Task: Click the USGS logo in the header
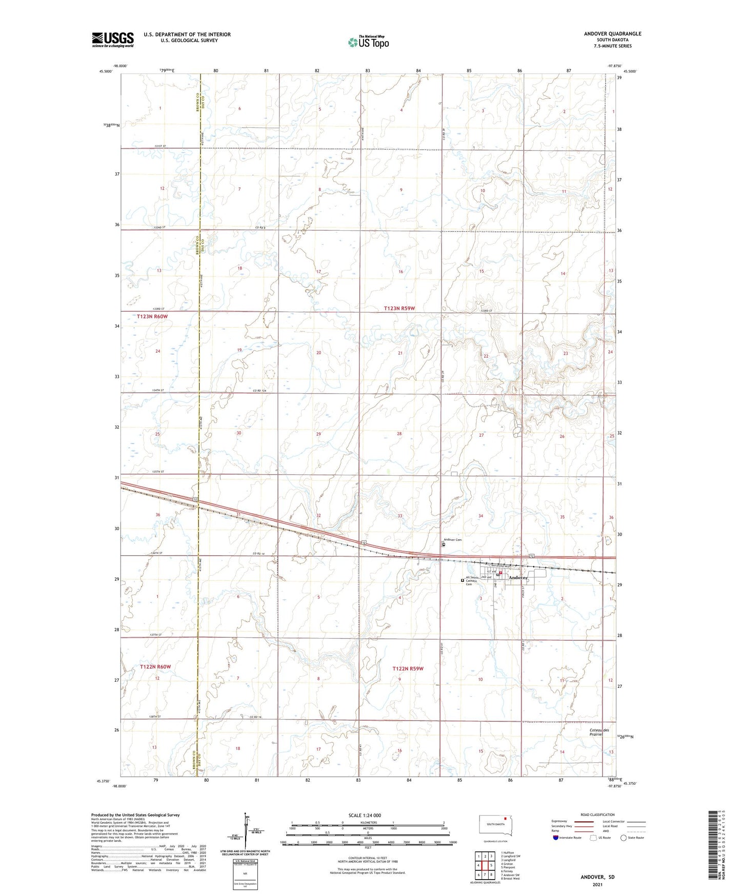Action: (112, 39)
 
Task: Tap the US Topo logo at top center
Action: (368, 42)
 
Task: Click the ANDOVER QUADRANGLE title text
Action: (612, 34)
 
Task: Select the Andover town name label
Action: (518, 578)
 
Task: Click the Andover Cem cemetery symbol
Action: (444, 545)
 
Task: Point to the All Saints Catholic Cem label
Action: (472, 580)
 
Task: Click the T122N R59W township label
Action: (408, 668)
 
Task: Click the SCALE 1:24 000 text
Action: (365, 816)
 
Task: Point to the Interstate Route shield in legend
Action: (556, 838)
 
